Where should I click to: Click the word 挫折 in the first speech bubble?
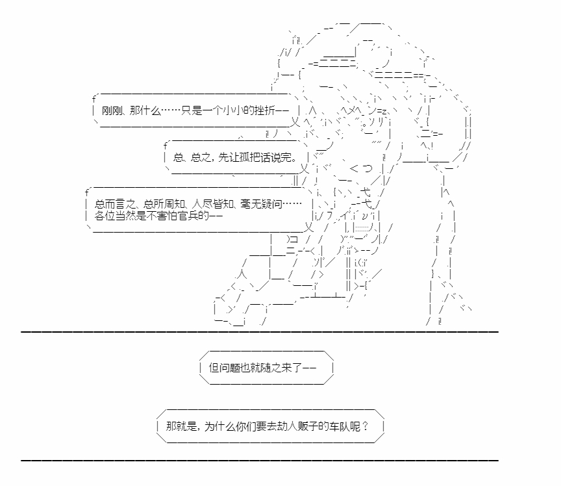point(265,110)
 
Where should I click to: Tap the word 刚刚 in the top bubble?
point(112,110)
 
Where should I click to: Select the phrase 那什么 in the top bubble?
point(145,110)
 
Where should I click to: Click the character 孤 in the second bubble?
point(244,157)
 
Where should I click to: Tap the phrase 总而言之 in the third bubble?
point(115,204)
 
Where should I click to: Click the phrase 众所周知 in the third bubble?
point(164,204)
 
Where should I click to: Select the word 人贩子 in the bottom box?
point(303,426)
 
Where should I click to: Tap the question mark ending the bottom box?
point(365,426)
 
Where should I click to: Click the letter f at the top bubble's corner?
point(93,99)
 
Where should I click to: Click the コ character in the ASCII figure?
point(294,239)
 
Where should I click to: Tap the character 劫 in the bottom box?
point(282,426)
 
